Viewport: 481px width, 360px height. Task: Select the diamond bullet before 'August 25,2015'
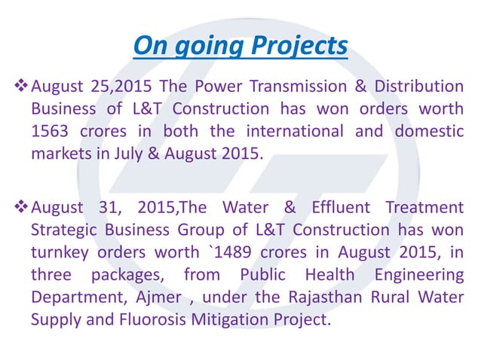(21, 87)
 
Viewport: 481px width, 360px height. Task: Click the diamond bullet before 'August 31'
(21, 206)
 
